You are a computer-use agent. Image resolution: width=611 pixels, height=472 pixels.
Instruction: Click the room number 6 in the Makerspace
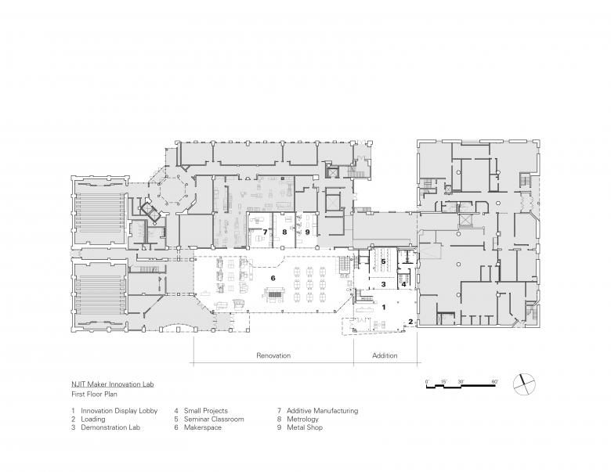(273, 278)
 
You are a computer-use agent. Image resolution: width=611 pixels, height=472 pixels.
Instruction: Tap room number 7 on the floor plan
(266, 232)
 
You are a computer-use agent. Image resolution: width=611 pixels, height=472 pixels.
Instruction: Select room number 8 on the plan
(286, 232)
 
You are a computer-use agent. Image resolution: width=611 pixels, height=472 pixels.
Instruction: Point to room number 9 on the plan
(308, 232)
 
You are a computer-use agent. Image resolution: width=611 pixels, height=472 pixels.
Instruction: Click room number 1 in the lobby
(383, 308)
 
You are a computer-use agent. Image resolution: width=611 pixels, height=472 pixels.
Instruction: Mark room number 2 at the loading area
(410, 322)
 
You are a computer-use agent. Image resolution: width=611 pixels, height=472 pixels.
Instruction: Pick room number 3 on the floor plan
(384, 285)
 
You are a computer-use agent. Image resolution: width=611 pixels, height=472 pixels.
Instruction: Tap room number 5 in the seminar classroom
(383, 261)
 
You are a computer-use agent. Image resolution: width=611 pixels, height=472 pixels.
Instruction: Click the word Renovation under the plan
(273, 355)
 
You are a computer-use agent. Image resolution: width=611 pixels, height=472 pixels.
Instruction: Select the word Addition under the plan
(385, 355)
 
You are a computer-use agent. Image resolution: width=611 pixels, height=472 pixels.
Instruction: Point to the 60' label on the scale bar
(494, 380)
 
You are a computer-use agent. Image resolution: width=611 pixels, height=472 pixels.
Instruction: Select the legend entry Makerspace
(201, 427)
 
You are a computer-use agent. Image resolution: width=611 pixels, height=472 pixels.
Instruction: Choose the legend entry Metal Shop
(304, 427)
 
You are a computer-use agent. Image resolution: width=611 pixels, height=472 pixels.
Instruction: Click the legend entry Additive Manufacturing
(322, 410)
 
